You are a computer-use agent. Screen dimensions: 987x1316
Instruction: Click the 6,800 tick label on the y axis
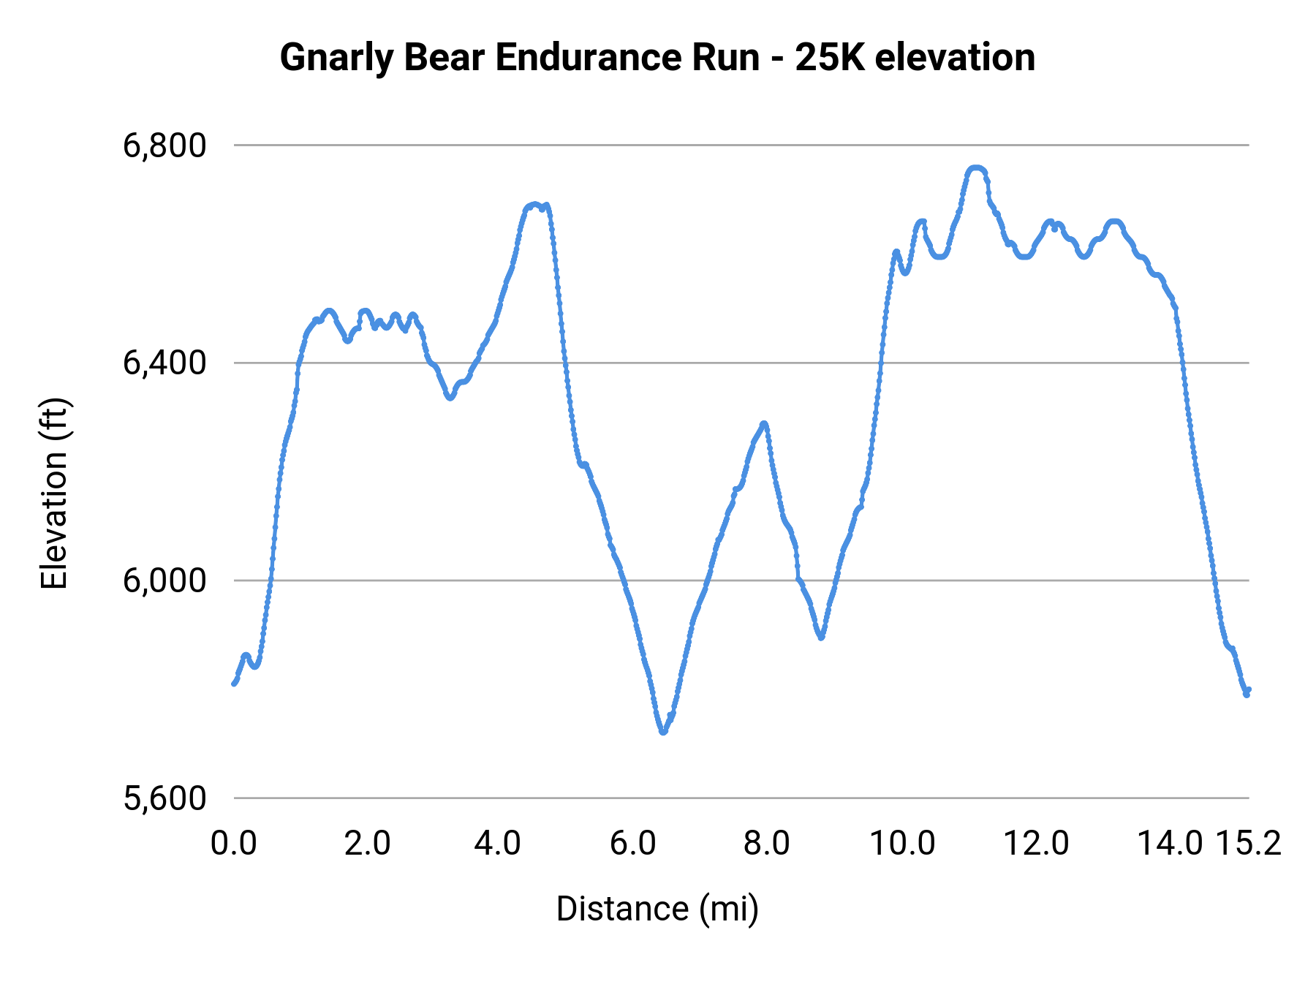coord(164,145)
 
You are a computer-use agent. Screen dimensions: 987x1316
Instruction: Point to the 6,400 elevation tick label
coord(164,363)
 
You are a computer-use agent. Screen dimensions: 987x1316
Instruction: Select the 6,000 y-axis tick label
coord(164,581)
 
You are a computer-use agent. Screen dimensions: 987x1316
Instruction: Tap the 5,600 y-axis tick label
coord(164,798)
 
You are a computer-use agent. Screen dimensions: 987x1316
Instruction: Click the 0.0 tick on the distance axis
coord(233,844)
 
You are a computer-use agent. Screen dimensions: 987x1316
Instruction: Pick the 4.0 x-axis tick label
coord(497,844)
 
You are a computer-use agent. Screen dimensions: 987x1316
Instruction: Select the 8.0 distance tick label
coord(766,844)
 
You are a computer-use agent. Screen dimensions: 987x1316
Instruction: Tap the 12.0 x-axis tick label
coord(1035,844)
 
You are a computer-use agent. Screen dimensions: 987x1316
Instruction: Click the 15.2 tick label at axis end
coord(1248,844)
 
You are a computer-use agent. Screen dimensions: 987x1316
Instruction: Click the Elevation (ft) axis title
coord(54,494)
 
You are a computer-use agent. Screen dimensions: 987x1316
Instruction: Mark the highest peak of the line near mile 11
coord(977,168)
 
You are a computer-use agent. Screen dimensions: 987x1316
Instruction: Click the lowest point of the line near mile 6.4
coord(663,731)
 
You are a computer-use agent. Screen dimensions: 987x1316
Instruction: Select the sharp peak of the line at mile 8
coord(764,423)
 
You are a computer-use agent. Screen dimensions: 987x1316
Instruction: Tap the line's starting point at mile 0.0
coord(234,684)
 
